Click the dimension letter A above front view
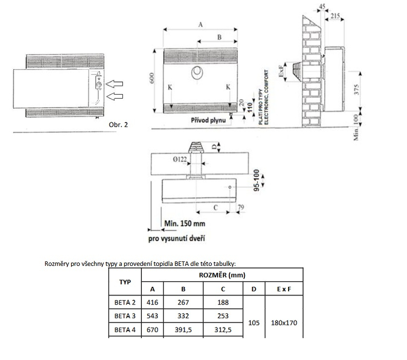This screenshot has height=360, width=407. (x=200, y=24)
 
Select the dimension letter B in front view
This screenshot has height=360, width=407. (x=219, y=37)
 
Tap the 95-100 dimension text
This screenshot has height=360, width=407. (x=257, y=179)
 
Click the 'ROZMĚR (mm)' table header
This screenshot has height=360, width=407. (x=222, y=275)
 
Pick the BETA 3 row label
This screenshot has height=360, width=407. (x=125, y=316)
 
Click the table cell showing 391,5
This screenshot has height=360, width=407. (x=183, y=329)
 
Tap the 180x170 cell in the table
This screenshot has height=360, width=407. (x=284, y=322)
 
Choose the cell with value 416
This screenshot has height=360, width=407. (x=152, y=303)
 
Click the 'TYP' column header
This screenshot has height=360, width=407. (x=125, y=282)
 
